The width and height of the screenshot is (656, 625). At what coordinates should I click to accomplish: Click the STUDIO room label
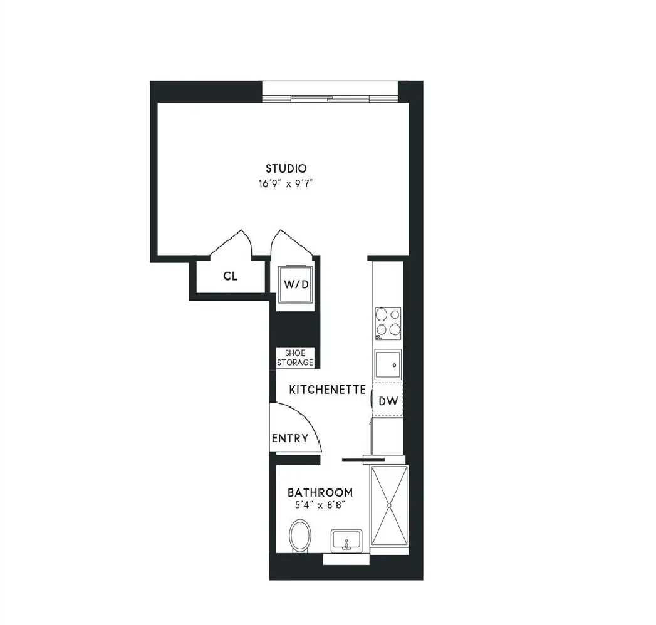click(x=286, y=168)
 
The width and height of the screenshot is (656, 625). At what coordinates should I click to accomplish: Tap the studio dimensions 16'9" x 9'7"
click(x=286, y=184)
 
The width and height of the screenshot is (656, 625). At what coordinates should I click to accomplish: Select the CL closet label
click(x=231, y=276)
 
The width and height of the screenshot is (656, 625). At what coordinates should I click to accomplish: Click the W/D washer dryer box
click(x=296, y=284)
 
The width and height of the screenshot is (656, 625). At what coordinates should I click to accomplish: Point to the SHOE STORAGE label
click(x=295, y=358)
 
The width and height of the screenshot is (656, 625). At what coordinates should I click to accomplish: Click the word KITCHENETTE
click(x=327, y=390)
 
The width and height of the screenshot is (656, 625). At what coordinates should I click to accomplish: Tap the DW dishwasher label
click(x=388, y=401)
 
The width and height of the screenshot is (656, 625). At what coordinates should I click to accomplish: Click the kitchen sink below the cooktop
click(x=387, y=363)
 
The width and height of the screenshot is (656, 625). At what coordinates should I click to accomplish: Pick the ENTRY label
click(x=289, y=438)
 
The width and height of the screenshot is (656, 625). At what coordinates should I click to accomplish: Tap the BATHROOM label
click(x=320, y=492)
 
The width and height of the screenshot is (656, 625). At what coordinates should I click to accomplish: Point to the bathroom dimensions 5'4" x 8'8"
click(x=320, y=505)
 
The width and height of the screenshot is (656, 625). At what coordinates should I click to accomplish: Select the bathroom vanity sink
click(x=346, y=540)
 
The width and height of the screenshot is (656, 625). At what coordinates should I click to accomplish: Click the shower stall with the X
click(x=389, y=505)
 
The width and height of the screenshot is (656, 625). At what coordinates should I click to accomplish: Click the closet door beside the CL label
click(x=231, y=242)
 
